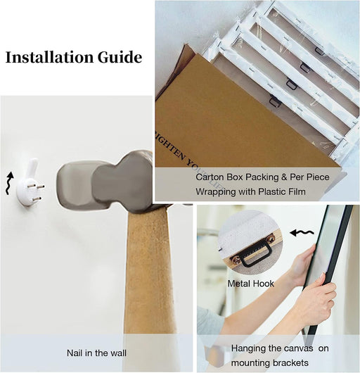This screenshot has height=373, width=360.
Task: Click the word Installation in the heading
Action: click(x=49, y=57)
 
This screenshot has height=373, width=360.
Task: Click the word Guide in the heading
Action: click(x=120, y=57)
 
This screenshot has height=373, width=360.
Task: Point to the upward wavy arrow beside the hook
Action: click(x=9, y=183)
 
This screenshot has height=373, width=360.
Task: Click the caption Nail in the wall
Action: click(x=96, y=353)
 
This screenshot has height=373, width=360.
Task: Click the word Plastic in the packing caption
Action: click(x=273, y=191)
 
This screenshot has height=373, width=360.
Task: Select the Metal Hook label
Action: click(x=251, y=284)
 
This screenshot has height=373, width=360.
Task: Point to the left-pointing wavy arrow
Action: click(x=302, y=233)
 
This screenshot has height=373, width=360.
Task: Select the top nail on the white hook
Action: click(x=40, y=186)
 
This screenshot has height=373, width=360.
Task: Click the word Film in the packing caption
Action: click(x=297, y=191)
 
